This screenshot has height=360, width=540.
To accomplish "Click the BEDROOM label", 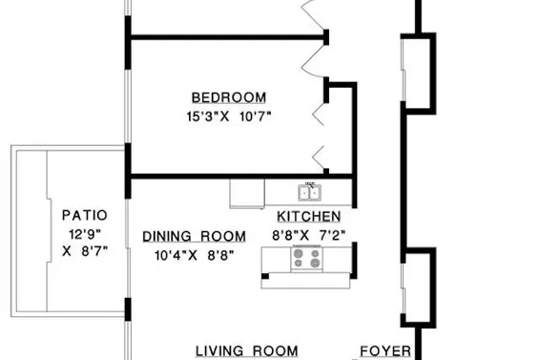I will (x=228, y=97).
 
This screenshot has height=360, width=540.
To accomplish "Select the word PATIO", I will (x=84, y=216).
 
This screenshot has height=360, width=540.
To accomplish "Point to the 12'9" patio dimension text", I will (x=84, y=233).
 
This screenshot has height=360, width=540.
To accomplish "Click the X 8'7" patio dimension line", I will (x=85, y=251).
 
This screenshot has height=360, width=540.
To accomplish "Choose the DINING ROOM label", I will (x=194, y=237).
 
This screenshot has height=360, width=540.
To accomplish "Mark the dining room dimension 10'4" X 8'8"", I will (x=194, y=255).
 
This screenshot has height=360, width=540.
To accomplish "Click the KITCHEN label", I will (x=308, y=217).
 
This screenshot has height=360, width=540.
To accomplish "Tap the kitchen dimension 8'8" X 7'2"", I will (x=308, y=234).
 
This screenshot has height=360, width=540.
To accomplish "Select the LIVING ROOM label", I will (x=247, y=351).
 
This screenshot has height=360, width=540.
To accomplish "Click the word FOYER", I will (x=385, y=351).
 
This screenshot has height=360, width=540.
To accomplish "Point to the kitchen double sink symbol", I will (x=310, y=190).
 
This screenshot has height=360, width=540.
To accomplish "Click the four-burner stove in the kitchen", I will (x=307, y=257).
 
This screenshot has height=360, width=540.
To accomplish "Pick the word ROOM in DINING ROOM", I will (x=225, y=237).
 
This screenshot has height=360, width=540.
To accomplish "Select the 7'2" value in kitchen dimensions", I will (x=331, y=234).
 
